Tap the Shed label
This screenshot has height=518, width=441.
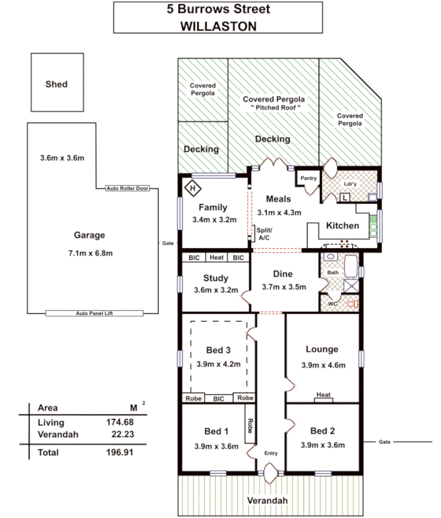(56, 84)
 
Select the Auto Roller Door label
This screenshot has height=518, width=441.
(127, 188)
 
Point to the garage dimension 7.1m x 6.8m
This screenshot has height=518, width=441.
(91, 252)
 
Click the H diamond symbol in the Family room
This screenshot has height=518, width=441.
(192, 189)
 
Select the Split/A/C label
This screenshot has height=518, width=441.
(264, 234)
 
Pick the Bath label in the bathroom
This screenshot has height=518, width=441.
(332, 273)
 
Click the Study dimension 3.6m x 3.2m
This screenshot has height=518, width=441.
(216, 290)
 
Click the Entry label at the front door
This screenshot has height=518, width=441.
(270, 453)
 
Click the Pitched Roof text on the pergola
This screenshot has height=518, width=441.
(274, 108)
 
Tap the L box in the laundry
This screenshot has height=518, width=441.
(345, 197)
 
